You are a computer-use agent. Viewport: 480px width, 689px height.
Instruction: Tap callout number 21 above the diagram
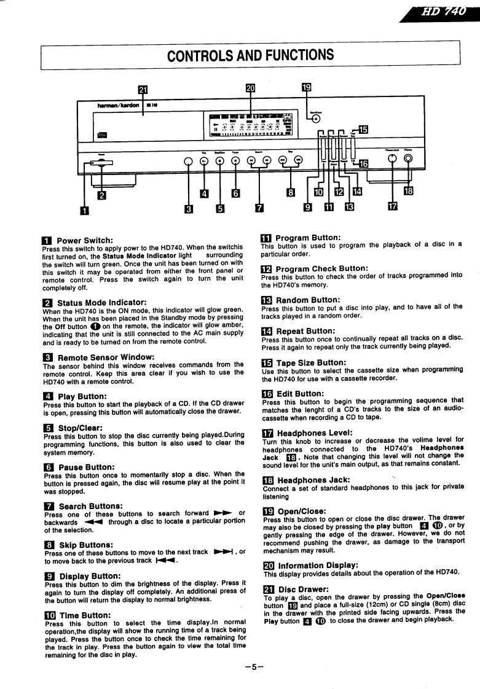(143, 88)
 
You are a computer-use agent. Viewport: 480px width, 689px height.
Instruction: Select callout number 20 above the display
(250, 88)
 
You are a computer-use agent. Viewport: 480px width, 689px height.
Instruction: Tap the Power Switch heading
(84, 240)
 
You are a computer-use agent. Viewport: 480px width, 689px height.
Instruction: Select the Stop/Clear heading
(80, 427)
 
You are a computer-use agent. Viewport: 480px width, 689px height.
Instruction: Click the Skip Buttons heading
(85, 545)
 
